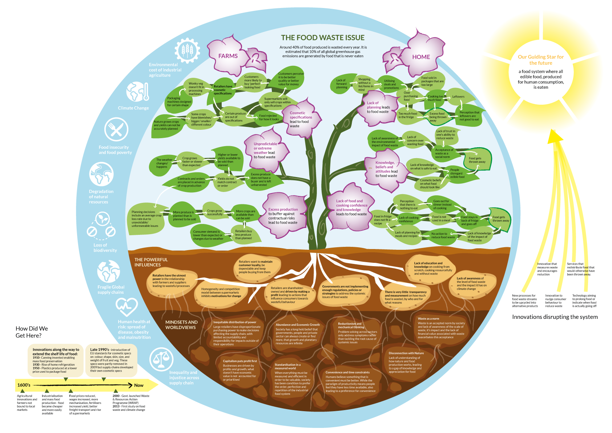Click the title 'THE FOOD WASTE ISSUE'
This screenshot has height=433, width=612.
(x=322, y=38)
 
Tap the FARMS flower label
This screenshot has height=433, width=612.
(x=228, y=56)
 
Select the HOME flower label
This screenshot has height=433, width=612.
(x=421, y=57)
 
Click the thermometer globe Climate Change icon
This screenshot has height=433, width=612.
(x=137, y=92)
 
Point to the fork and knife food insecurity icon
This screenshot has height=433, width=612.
(x=116, y=129)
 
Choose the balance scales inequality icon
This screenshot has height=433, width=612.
(x=161, y=359)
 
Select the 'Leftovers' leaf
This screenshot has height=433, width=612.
(x=458, y=97)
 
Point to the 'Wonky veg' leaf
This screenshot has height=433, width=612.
(x=196, y=88)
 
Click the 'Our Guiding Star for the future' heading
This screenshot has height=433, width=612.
(x=541, y=60)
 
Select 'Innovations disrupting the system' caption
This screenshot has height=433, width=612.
(x=555, y=317)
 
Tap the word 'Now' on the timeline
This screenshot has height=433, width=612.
(x=138, y=385)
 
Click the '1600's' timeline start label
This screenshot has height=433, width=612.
(x=24, y=385)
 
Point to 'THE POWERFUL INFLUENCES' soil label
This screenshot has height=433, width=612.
(x=151, y=262)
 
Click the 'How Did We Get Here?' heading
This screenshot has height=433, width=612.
(x=32, y=332)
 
